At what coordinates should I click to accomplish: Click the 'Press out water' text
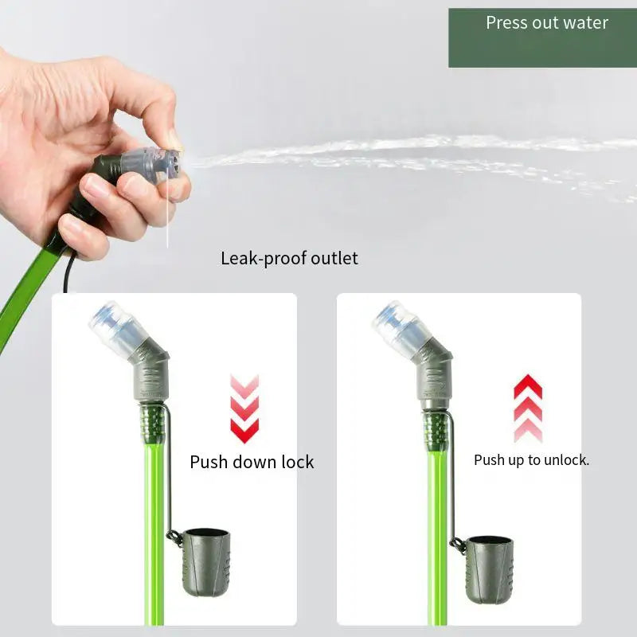tap(547, 23)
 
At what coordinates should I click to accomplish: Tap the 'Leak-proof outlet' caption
tap(289, 259)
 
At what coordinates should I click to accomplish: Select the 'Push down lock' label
tap(252, 462)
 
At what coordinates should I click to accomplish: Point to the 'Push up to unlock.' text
tap(531, 460)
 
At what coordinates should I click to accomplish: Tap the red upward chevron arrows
tap(528, 408)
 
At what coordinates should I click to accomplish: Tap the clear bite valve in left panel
tap(113, 328)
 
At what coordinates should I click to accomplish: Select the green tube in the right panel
tap(437, 541)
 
